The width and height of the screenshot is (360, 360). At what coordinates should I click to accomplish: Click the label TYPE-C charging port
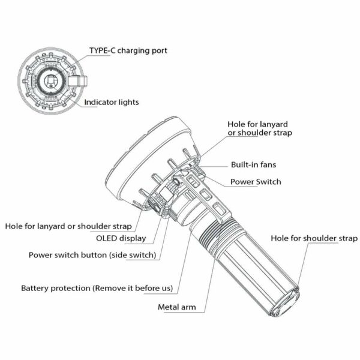(128, 51)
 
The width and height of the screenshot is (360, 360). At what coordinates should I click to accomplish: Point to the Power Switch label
(256, 181)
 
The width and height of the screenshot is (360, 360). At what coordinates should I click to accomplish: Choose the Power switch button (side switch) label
(92, 254)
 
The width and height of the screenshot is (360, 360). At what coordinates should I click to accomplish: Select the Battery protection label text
(97, 289)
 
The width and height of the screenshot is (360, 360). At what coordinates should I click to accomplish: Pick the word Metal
(169, 308)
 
